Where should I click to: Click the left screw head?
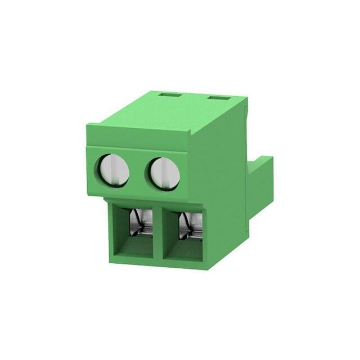point(114,170)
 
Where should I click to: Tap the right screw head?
point(164,172)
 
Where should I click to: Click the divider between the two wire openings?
point(159,233)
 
